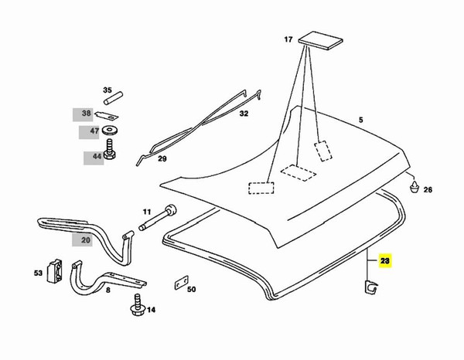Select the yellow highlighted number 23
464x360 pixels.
point(384,263)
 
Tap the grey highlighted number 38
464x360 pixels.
point(86,114)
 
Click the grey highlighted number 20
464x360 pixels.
point(86,240)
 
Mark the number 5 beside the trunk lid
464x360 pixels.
point(360,120)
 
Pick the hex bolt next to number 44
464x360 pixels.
point(111,151)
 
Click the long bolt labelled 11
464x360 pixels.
point(159,217)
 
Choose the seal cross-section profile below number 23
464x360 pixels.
point(371,287)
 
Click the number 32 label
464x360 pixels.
point(244,114)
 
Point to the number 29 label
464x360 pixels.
point(163,160)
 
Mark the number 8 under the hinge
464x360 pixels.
point(107,290)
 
